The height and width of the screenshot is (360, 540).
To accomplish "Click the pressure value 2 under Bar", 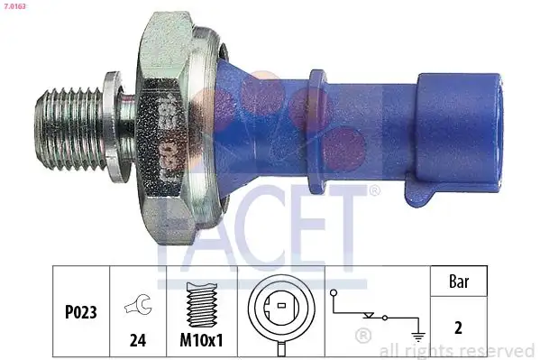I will click(x=460, y=328).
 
